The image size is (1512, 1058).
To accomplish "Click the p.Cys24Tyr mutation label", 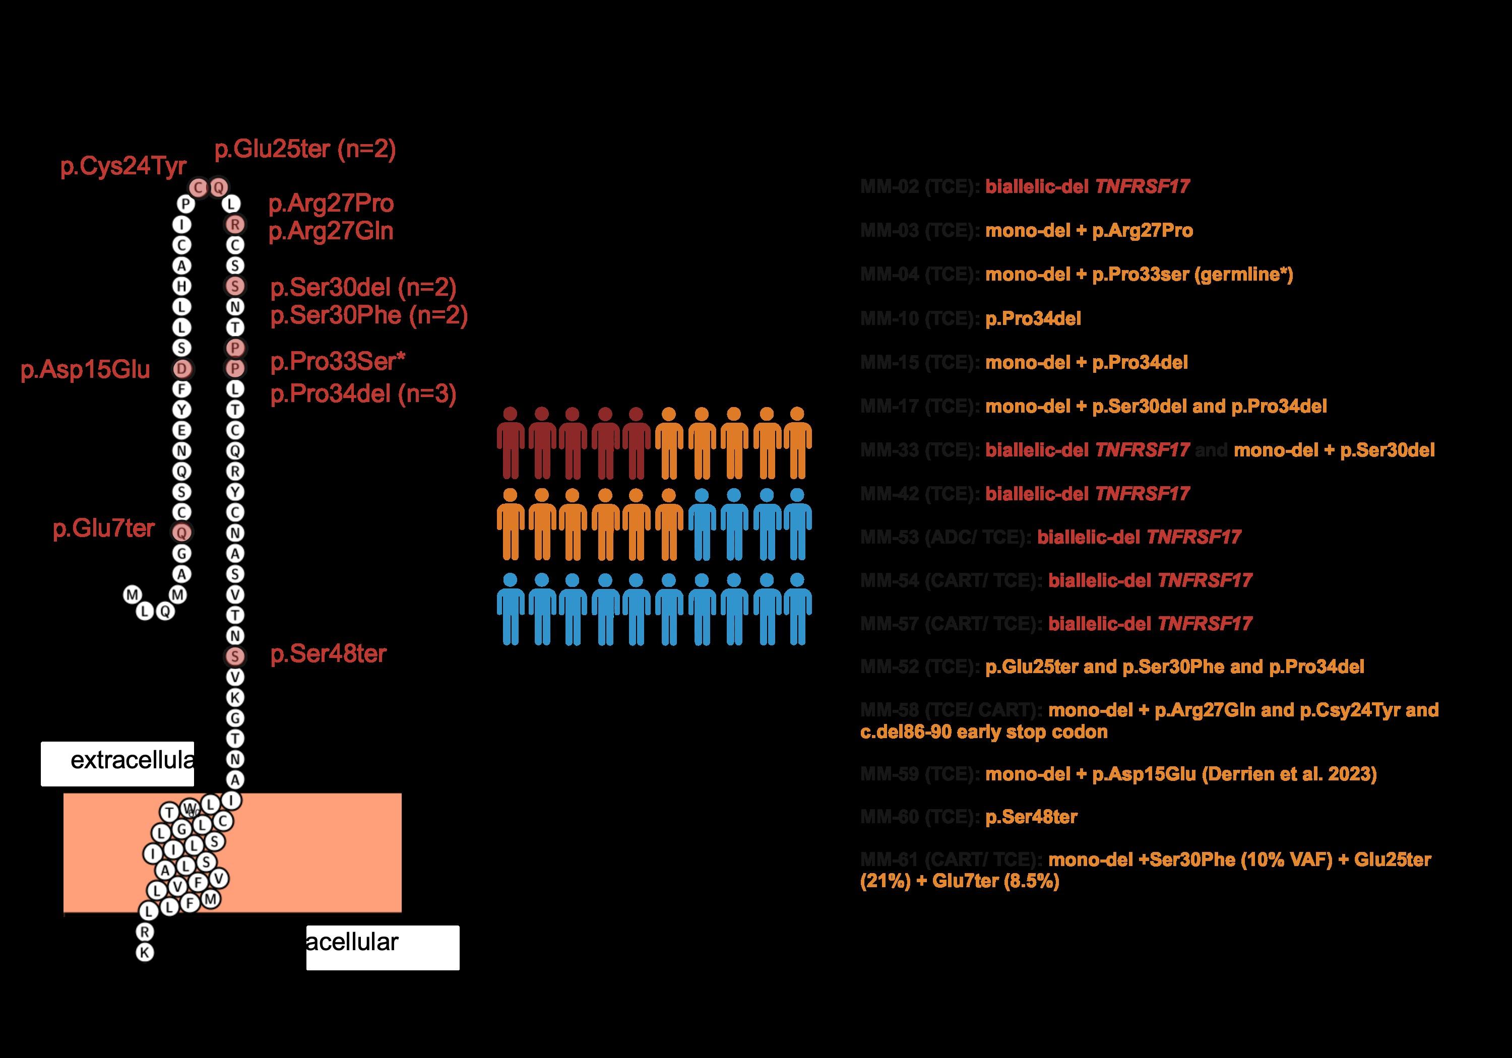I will (123, 167).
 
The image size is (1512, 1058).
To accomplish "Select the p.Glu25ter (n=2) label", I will (305, 150).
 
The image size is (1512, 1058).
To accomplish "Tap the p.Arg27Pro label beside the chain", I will (331, 204).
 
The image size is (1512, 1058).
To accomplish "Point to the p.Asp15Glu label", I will (85, 370).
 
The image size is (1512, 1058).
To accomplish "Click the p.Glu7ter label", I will (103, 528).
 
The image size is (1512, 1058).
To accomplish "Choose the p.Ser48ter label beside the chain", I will (328, 654).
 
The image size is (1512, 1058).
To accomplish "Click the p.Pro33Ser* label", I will (338, 361).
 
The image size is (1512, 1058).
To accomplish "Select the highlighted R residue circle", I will (235, 225).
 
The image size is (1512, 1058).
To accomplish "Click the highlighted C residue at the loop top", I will (198, 187).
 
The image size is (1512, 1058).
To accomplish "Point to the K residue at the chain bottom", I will (145, 952).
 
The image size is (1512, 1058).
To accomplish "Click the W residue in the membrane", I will (189, 808).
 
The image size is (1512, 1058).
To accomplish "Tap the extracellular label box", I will (117, 763).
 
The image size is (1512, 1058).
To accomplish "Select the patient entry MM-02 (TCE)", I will (1025, 186).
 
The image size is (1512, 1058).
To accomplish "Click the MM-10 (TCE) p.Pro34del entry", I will (971, 318).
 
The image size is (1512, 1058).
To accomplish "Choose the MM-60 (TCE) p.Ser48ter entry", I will (969, 817).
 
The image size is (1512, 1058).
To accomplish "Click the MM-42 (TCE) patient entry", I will (1025, 494).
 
